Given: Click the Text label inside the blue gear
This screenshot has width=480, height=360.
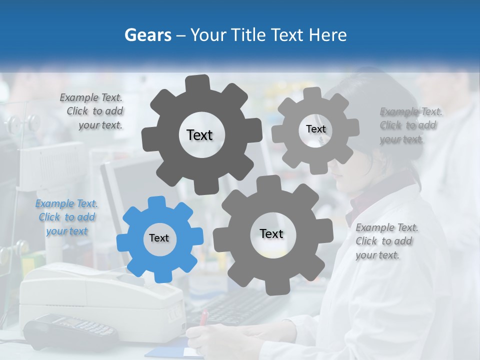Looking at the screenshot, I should [x=159, y=238].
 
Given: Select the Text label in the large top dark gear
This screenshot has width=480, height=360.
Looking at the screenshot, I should [x=199, y=135].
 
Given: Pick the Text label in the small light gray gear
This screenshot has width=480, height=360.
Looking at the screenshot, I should [x=315, y=129].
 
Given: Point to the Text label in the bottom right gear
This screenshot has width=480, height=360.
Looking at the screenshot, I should [x=271, y=233].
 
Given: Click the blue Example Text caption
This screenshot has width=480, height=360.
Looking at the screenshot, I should [x=66, y=217].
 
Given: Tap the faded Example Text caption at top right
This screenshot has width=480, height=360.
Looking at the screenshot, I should [x=410, y=125].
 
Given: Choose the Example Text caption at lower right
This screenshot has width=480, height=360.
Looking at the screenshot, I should [x=386, y=241].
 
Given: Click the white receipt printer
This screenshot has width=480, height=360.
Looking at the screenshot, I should [x=100, y=295].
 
